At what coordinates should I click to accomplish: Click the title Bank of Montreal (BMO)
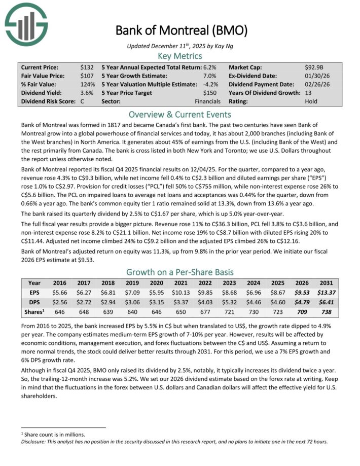[x=181, y=30]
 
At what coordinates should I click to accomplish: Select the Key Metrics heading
[x=180, y=56]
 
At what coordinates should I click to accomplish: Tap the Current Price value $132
[x=86, y=67]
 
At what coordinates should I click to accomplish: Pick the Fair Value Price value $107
[x=86, y=76]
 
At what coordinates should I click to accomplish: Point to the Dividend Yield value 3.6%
[x=86, y=93]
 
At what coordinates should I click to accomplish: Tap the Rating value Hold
[x=311, y=101]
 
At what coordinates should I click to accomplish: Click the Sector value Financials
[x=209, y=101]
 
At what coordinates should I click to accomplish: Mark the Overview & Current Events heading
[x=180, y=114]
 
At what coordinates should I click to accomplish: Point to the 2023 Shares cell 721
[x=229, y=312]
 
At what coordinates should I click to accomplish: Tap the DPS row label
[x=35, y=302]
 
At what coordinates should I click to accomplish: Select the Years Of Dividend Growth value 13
[x=308, y=93]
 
